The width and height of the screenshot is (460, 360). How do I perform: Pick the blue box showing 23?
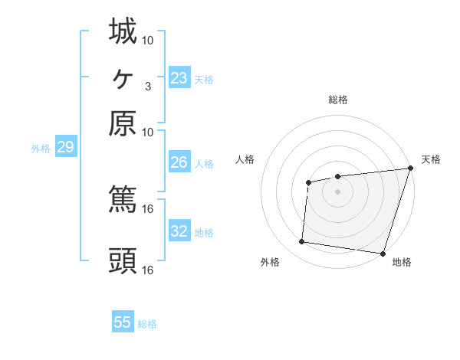179,78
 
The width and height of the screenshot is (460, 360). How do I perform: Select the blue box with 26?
179,162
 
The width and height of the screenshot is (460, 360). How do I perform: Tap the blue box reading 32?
179,231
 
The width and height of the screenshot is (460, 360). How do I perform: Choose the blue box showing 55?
123,322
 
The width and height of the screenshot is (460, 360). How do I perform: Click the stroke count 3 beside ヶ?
148,86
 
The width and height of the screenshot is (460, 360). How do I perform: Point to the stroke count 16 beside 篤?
148,208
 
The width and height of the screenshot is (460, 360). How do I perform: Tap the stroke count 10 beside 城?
148,40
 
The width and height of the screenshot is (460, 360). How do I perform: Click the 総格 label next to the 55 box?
147,324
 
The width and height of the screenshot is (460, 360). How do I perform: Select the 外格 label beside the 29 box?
40,149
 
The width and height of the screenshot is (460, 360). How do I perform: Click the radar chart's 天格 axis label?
431,159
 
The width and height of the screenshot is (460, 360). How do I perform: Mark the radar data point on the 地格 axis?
382,253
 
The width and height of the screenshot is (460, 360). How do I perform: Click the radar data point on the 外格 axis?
302,242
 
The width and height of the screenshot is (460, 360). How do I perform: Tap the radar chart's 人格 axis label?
245,159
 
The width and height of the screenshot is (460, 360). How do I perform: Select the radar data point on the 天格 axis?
410,169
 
